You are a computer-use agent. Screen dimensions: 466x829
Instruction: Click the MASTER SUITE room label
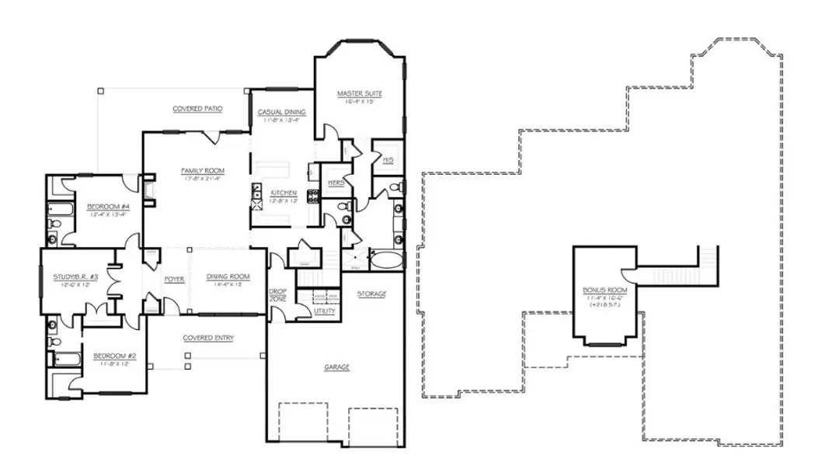(360, 94)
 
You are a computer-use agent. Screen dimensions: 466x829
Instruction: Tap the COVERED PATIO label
(197, 109)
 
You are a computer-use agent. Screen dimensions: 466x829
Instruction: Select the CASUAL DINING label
(281, 112)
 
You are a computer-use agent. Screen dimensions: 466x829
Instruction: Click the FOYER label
(174, 278)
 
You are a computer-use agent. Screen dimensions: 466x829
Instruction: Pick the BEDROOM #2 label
(115, 356)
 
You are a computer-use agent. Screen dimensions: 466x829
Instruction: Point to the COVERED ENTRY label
(208, 338)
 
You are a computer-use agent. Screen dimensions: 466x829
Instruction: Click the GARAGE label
(336, 367)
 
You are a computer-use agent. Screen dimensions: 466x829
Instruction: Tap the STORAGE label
(371, 294)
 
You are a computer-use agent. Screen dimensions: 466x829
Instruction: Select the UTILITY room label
(325, 311)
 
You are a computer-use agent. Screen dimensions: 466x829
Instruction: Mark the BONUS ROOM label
(604, 290)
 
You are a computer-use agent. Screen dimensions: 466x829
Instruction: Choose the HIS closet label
(387, 160)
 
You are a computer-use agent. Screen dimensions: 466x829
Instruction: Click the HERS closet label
(336, 182)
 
